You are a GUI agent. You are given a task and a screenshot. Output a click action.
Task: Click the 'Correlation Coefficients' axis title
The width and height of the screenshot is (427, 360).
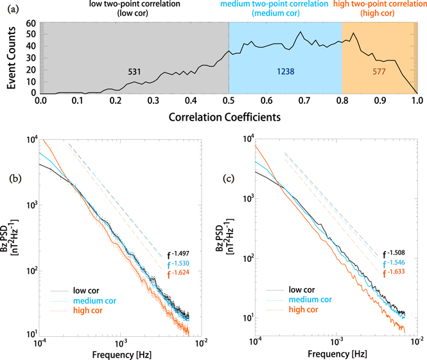tap(229, 118)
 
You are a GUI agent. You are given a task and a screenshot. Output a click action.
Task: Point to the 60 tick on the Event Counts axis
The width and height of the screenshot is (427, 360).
tap(30, 24)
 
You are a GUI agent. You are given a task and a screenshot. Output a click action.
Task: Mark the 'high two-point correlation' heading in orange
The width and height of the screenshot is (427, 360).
tap(380, 5)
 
